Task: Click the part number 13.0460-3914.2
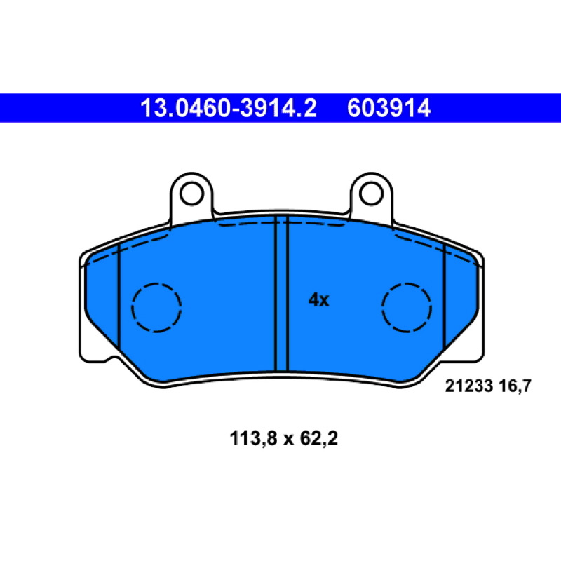click(229, 108)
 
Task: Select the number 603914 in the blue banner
click(389, 108)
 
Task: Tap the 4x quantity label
click(318, 299)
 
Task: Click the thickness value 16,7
click(515, 386)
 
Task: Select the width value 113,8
click(253, 439)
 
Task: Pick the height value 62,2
click(319, 439)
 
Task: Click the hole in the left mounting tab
click(191, 194)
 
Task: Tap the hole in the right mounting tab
click(372, 194)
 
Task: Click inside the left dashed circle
click(156, 307)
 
